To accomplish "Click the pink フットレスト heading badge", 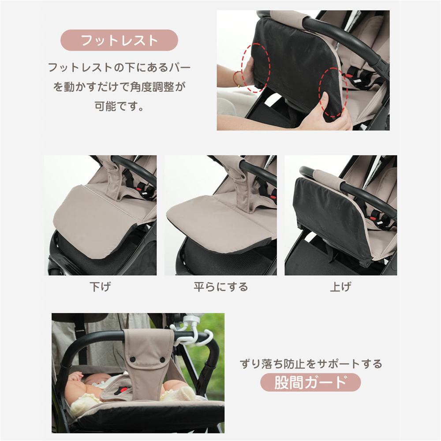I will click(x=119, y=40).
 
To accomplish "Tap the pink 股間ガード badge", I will click(x=310, y=382).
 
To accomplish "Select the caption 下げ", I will click(x=100, y=287).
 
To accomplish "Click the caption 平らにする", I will click(x=221, y=287).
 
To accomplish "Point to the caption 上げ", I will click(x=340, y=287).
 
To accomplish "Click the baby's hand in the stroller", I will click(x=75, y=376).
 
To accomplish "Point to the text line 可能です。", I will click(x=119, y=107).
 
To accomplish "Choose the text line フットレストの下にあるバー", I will click(x=119, y=67).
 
